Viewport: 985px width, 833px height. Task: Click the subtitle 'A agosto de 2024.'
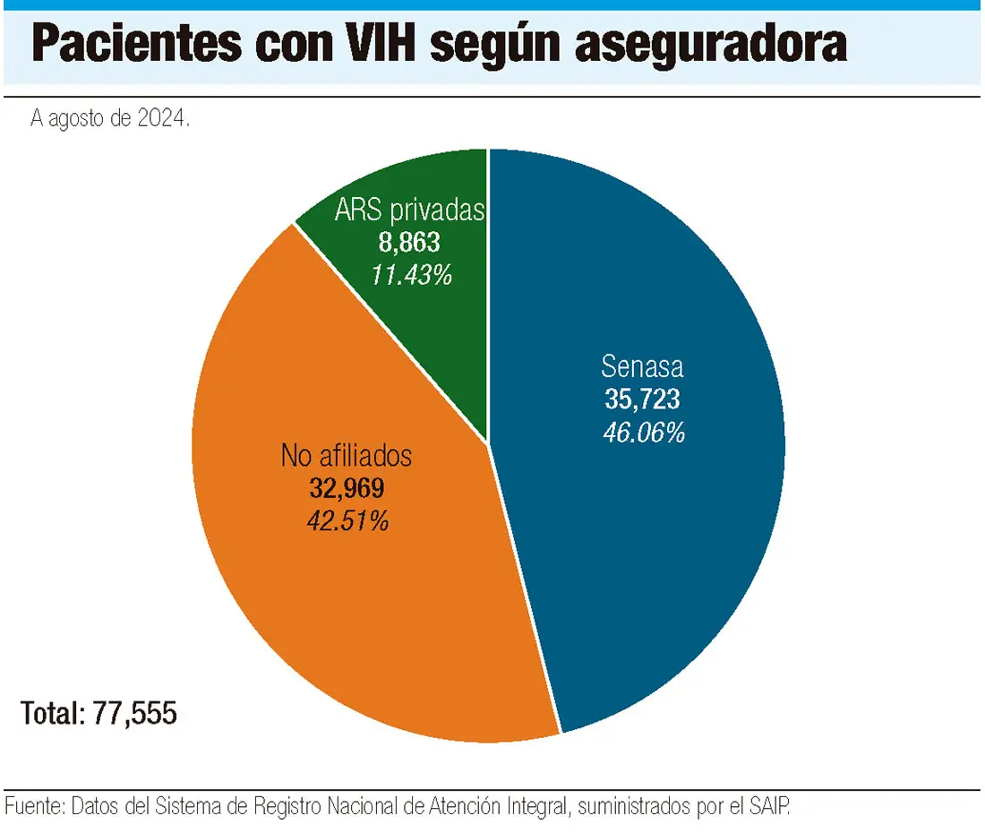coord(110,120)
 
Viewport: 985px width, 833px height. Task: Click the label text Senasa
coord(642,367)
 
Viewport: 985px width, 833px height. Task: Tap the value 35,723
coord(642,399)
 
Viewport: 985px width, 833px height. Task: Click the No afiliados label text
coord(347,455)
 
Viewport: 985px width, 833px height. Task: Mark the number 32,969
coord(346,488)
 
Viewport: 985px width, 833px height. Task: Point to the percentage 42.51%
coord(347,521)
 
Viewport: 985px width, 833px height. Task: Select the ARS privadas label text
coord(410,211)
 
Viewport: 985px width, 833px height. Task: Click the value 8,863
coord(410,243)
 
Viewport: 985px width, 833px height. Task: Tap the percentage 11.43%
coord(411,274)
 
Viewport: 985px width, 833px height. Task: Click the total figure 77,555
coord(135,714)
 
